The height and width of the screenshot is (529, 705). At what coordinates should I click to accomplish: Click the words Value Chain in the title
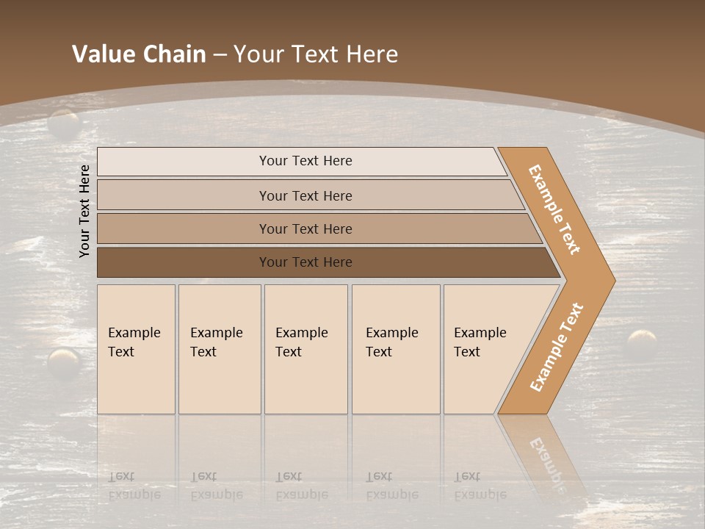click(139, 54)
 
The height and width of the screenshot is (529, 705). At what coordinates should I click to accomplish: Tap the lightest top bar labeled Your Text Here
click(305, 161)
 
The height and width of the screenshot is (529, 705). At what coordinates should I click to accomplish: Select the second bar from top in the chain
click(305, 195)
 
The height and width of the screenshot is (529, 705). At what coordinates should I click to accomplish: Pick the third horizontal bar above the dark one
click(305, 228)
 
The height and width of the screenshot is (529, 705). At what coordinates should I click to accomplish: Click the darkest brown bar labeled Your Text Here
click(305, 262)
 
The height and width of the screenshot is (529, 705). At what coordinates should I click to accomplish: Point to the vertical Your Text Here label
click(84, 211)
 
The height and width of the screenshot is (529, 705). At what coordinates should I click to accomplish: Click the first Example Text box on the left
click(136, 348)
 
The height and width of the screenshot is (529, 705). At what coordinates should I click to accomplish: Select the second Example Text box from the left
click(219, 348)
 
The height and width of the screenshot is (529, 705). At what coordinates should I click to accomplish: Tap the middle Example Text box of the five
click(305, 348)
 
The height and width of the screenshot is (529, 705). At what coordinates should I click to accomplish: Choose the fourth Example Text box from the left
click(395, 348)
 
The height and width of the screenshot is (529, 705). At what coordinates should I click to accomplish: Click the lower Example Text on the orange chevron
click(557, 347)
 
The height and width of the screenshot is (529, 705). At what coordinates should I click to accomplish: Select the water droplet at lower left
click(64, 362)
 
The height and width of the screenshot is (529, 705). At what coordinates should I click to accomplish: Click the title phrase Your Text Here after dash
click(316, 54)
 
